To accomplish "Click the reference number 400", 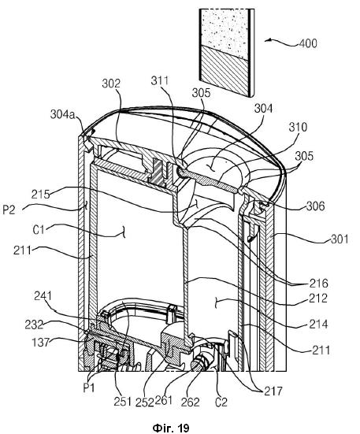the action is pos(308,43).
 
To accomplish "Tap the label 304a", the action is pos(63,114).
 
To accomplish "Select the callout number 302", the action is pos(111,83).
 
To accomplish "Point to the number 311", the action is pos(160,80).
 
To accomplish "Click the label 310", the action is pos(298,127).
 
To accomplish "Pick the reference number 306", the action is pos(315,206).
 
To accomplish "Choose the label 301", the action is pos(340,239).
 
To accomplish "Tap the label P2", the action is pos(9,210).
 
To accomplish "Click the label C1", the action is pos(39,229).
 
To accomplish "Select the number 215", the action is pos(40,194).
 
